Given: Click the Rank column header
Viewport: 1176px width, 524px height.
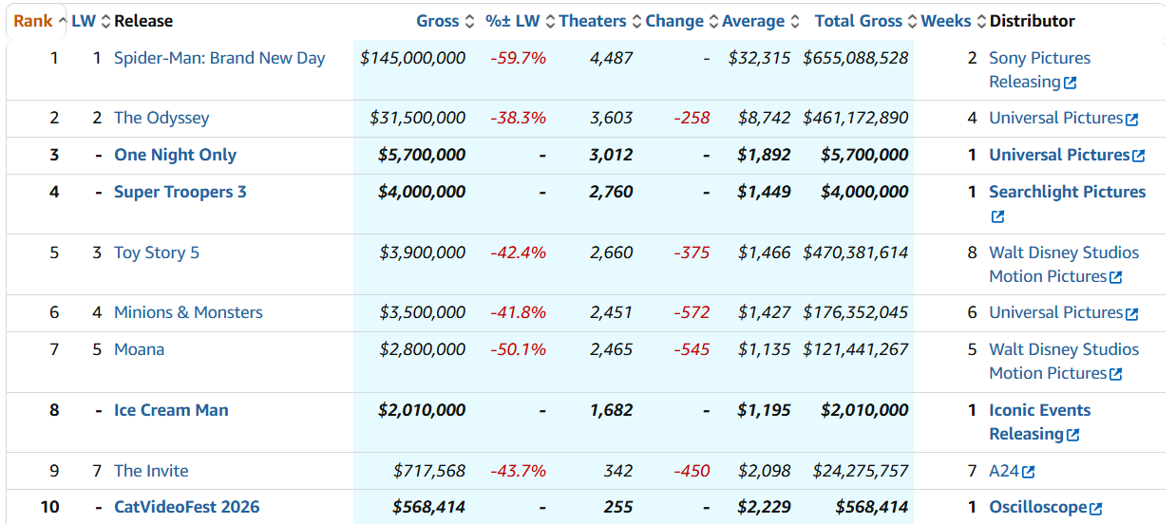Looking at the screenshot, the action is click(32, 21).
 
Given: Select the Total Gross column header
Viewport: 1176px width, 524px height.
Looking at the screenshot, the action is click(858, 21).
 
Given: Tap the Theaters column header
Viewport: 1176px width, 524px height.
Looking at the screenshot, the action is click(592, 21).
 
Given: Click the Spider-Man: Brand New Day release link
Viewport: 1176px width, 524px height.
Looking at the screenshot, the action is click(219, 58).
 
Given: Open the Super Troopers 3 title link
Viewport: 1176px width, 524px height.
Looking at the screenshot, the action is click(180, 192).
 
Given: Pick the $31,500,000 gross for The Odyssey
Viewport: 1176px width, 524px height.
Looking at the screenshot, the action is click(417, 118).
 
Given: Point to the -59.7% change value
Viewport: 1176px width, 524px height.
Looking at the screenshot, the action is click(518, 58).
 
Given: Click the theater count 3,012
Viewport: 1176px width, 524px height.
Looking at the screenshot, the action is click(611, 156).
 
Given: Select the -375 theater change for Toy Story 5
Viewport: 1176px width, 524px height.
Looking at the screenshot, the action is click(692, 253).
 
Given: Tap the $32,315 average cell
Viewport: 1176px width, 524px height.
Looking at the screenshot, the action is click(759, 58).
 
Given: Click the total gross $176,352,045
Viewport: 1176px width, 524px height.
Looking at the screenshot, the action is click(855, 312).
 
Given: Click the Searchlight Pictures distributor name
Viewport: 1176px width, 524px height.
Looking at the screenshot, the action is click(1068, 192).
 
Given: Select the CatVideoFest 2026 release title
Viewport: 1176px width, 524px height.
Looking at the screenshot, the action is click(187, 507).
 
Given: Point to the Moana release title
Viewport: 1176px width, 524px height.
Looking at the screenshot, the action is click(139, 349).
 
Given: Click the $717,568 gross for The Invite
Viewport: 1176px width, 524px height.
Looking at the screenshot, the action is click(429, 471).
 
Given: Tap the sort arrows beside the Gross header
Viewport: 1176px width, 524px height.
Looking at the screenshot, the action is click(469, 22).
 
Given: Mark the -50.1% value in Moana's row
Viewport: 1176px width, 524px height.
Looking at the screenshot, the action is click(518, 349).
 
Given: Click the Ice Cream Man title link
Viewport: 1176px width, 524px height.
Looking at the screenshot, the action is click(171, 410).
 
